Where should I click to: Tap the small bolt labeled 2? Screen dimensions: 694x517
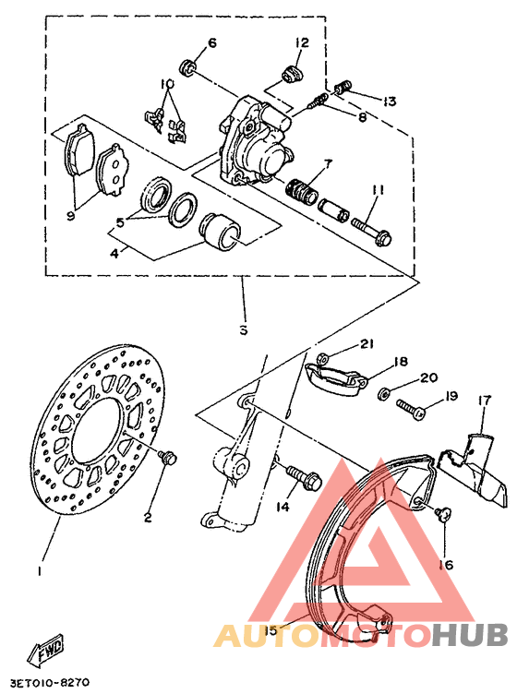(167, 457)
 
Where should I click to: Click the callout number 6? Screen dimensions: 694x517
(211, 43)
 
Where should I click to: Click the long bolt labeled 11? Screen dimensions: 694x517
(370, 227)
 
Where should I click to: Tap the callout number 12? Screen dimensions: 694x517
(302, 42)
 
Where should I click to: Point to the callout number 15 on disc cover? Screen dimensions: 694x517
(270, 630)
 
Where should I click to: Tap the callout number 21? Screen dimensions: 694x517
(367, 344)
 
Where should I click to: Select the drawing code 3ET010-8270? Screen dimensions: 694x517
(50, 683)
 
